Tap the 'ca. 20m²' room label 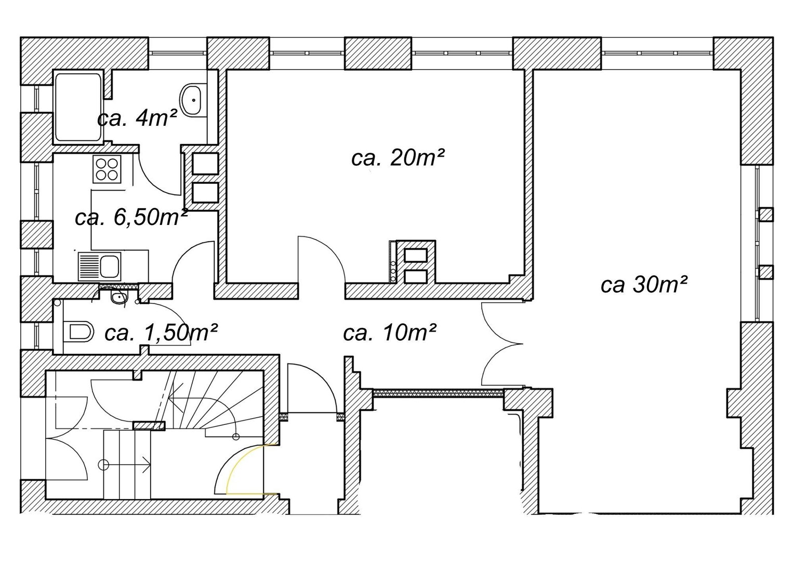[398, 157]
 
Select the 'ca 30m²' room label [644, 285]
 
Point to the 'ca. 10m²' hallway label [390, 332]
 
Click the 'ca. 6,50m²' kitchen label [131, 217]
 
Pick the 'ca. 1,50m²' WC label [161, 333]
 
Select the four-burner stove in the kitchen [107, 169]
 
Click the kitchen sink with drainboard [100, 266]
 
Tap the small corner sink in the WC [118, 297]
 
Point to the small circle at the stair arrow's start [103, 464]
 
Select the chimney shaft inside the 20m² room [416, 262]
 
